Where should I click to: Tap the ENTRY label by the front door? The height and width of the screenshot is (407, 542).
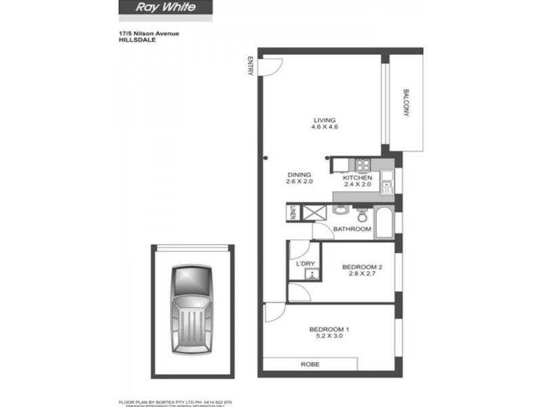click(x=251, y=66)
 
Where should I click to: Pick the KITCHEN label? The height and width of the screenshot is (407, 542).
click(x=358, y=178)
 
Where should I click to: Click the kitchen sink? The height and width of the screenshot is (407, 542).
click(x=387, y=182)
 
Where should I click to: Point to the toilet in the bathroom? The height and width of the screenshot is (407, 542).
click(x=362, y=215)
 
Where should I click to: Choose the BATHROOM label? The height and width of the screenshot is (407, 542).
click(x=352, y=229)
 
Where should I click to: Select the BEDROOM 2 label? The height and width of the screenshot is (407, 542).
click(x=363, y=267)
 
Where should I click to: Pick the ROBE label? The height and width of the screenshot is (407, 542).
click(x=310, y=365)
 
